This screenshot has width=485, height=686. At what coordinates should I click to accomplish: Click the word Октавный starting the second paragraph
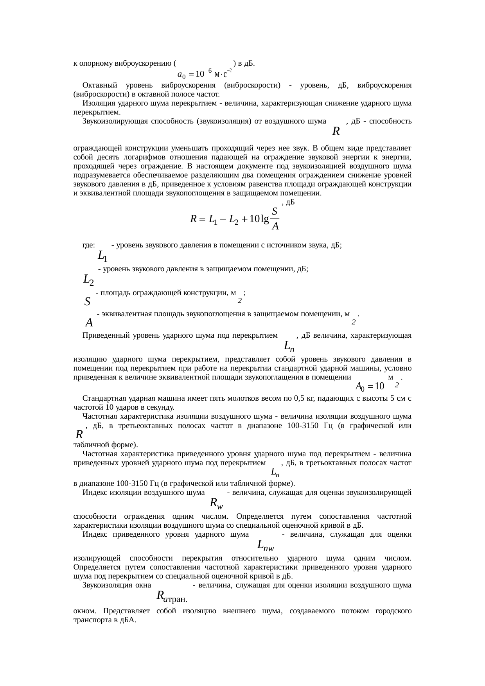pos(98,85)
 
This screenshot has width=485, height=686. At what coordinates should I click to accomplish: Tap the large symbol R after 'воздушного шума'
pos(335,131)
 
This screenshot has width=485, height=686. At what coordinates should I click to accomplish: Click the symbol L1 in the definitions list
pos(102,256)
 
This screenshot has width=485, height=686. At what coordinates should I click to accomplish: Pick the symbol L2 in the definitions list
pos(88,280)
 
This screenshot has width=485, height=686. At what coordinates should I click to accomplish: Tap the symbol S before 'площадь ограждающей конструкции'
pos(88,302)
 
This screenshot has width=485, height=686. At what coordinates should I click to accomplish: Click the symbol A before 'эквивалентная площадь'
pos(89,323)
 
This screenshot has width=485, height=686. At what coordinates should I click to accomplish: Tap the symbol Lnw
pos(265,544)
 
